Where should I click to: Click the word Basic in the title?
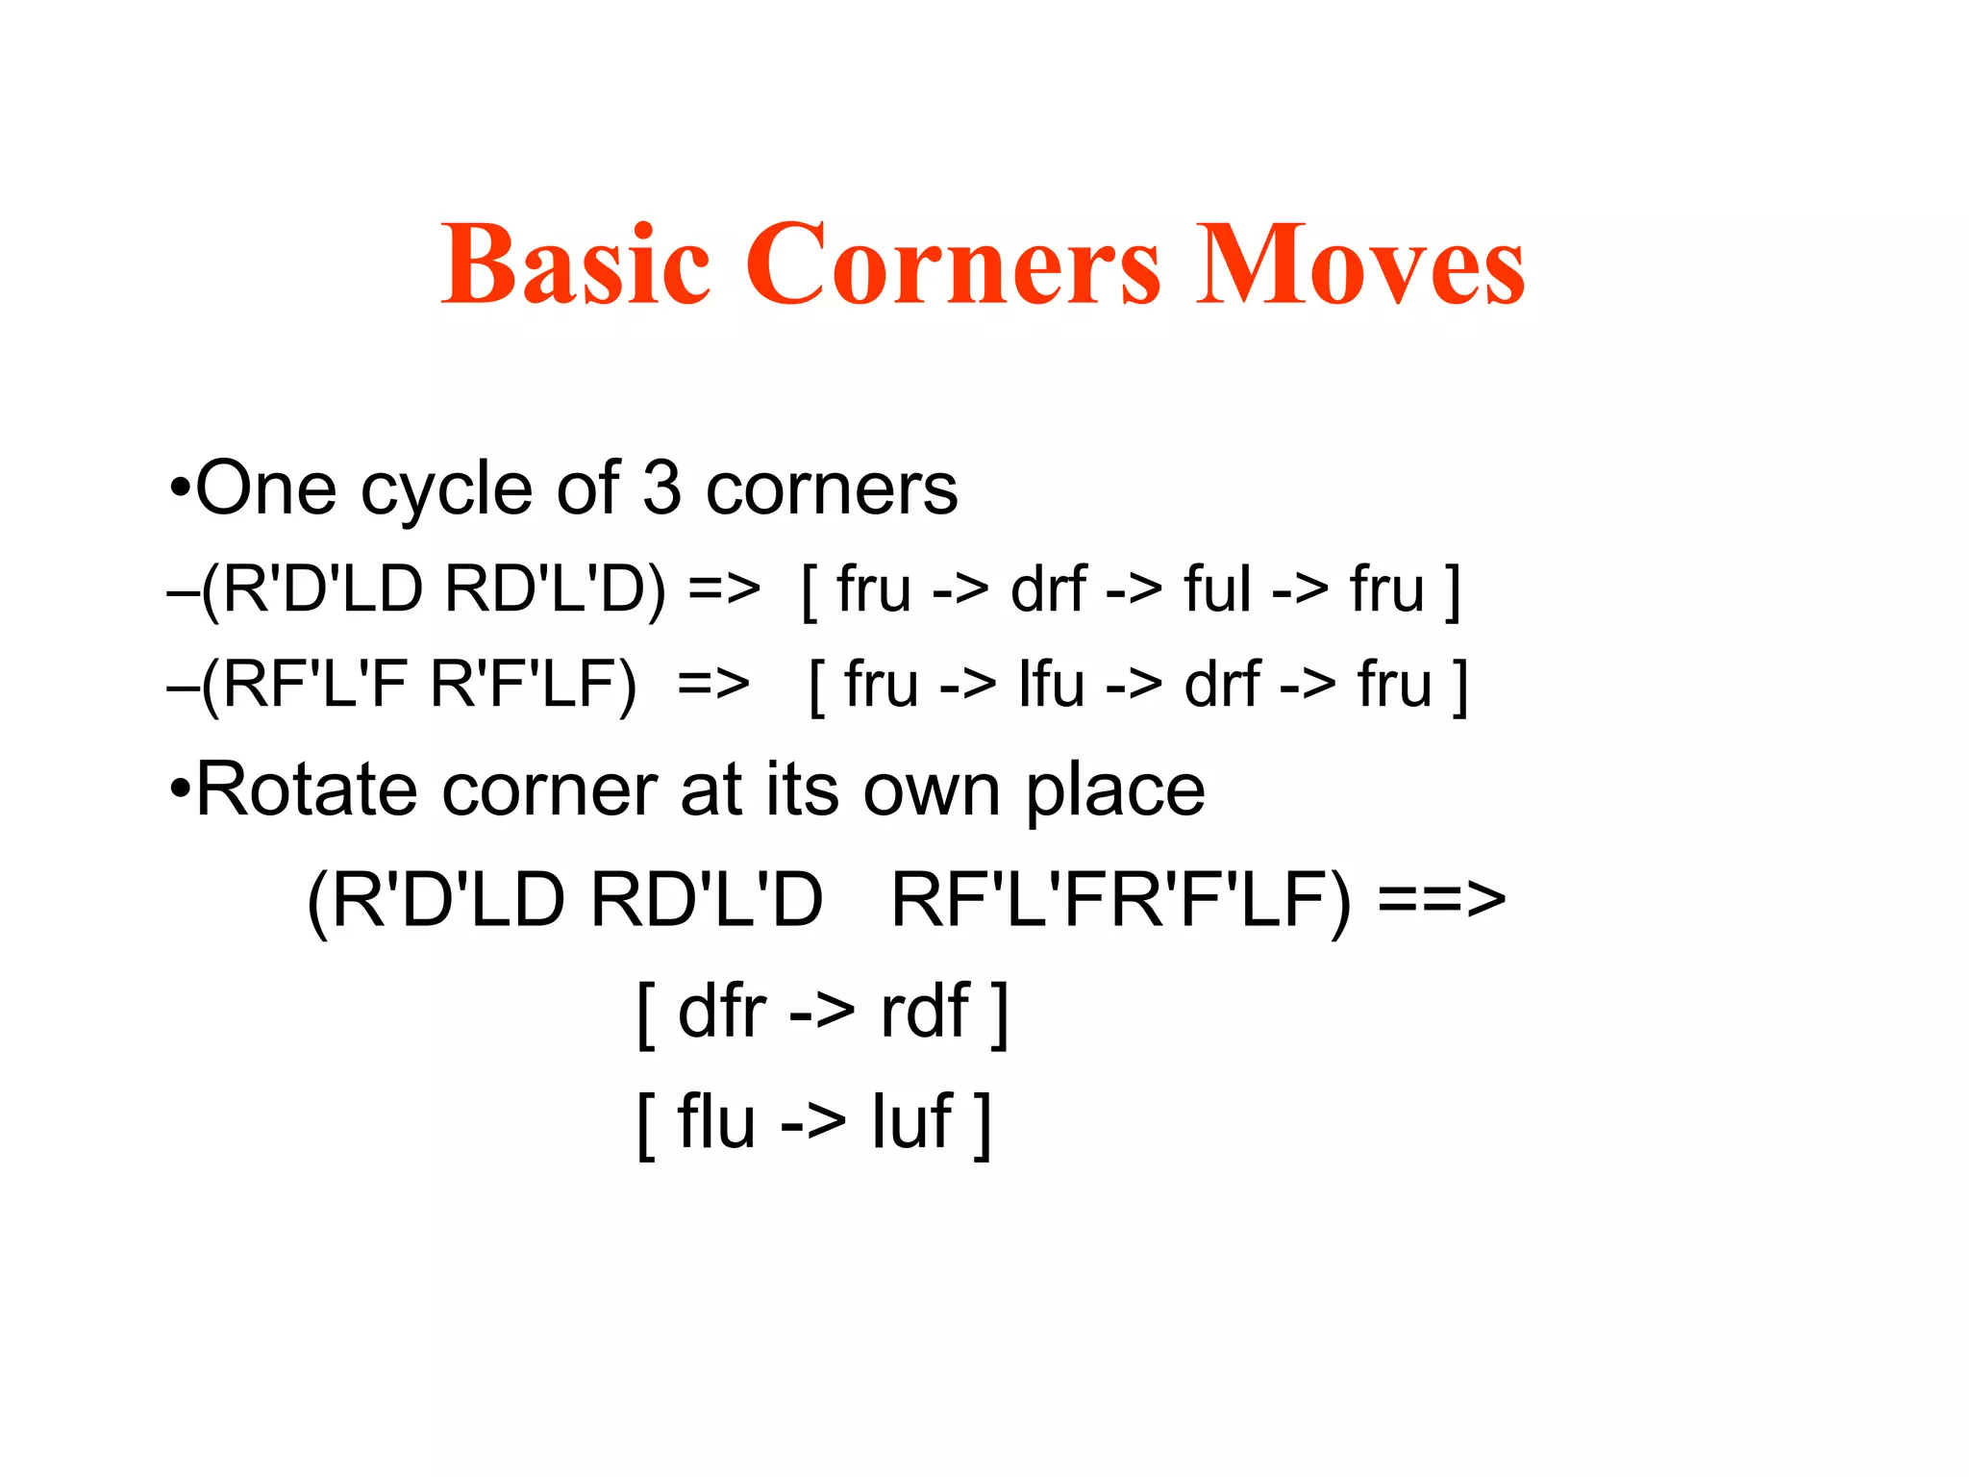(575, 263)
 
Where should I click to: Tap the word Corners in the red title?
(954, 263)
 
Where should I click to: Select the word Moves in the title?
(1359, 263)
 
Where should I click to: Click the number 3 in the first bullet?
(661, 488)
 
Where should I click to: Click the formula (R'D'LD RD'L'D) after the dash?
(433, 588)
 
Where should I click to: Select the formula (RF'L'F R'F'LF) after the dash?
(419, 685)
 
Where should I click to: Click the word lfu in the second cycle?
(1051, 685)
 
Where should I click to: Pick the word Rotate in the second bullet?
(306, 790)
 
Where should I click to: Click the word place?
(1114, 792)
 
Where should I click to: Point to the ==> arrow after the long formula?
(1441, 900)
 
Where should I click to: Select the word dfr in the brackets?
(721, 1012)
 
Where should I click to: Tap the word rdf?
(924, 1012)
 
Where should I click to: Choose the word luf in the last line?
(911, 1121)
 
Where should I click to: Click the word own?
(932, 792)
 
